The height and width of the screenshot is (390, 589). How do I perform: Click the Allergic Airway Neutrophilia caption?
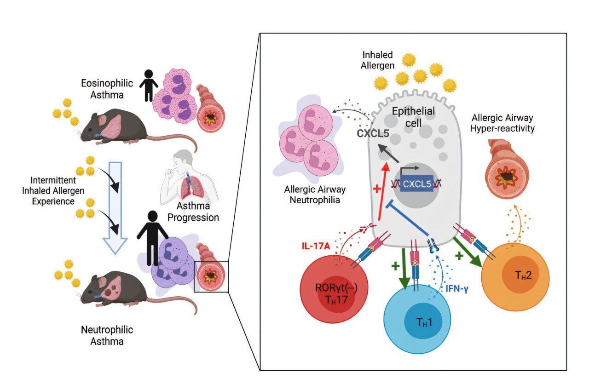[314, 195]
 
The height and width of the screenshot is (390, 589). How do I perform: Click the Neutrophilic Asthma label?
[107, 335]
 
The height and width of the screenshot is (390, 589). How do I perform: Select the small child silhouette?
[148, 85]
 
